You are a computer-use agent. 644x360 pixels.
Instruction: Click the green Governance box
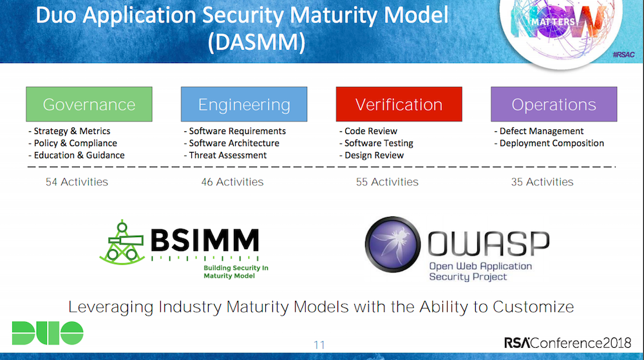pyautogui.click(x=89, y=104)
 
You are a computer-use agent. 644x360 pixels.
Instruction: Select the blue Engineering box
pyautogui.click(x=244, y=104)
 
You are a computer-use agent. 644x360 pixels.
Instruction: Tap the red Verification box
pyautogui.click(x=399, y=104)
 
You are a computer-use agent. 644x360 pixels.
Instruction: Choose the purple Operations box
pyautogui.click(x=554, y=104)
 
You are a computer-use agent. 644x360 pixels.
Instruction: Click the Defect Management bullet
pyautogui.click(x=538, y=131)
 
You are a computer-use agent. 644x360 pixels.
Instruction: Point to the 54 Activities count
pyautogui.click(x=77, y=182)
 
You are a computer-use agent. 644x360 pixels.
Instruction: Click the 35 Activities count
pyautogui.click(x=542, y=182)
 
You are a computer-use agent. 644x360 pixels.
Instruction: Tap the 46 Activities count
pyautogui.click(x=232, y=182)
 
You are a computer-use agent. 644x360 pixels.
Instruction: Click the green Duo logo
pyautogui.click(x=47, y=333)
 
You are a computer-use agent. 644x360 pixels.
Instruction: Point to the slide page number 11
pyautogui.click(x=319, y=345)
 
